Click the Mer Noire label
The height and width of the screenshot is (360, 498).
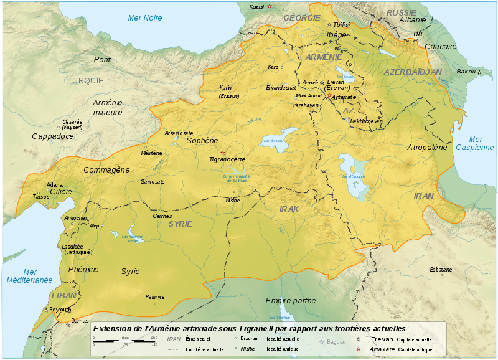(x=144, y=18)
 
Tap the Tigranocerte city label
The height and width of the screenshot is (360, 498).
(x=227, y=159)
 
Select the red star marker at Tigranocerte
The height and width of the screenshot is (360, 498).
(x=223, y=152)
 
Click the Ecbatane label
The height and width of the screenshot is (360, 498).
(x=441, y=269)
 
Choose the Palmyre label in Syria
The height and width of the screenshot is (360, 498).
(x=154, y=297)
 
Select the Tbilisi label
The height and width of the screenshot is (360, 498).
(x=342, y=24)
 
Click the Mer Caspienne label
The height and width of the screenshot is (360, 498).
(x=474, y=143)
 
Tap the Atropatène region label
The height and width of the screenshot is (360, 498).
(x=427, y=148)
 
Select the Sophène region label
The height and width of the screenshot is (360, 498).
(x=202, y=141)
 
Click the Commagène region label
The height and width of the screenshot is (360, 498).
(x=106, y=169)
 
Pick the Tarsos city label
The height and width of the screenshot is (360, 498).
(x=41, y=196)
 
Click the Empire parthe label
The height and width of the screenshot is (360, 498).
(x=291, y=301)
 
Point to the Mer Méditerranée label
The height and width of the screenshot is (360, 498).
(x=29, y=276)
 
